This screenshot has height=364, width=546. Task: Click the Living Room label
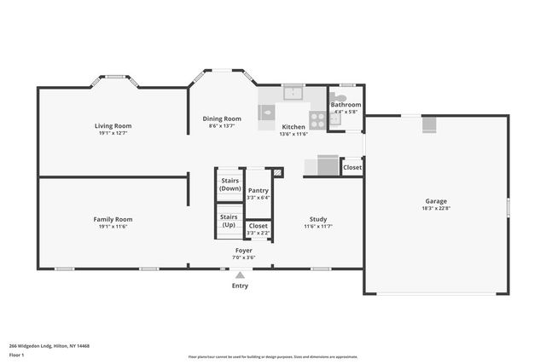coord(113,126)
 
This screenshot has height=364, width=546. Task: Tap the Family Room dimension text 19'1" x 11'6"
coord(113,227)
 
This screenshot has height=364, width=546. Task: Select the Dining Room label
coord(222,118)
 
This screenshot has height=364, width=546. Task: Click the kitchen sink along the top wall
coord(293,93)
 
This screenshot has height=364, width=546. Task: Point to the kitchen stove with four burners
coord(317,119)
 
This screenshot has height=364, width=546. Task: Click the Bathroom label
coord(346,105)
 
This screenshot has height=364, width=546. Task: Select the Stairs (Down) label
coord(229,184)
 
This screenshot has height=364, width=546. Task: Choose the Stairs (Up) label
coord(229,221)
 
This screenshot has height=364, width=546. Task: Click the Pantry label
coord(258,190)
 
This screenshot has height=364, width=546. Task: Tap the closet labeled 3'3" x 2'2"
coord(258,228)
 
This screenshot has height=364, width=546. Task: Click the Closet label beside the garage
coord(352,168)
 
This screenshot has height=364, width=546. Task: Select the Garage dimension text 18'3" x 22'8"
coord(436,208)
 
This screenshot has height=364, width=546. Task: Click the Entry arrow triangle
coord(241,274)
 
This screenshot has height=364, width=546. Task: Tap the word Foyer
coord(243,251)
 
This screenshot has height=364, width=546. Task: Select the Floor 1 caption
coord(16,354)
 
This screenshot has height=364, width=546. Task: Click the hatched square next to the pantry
coord(276,171)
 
